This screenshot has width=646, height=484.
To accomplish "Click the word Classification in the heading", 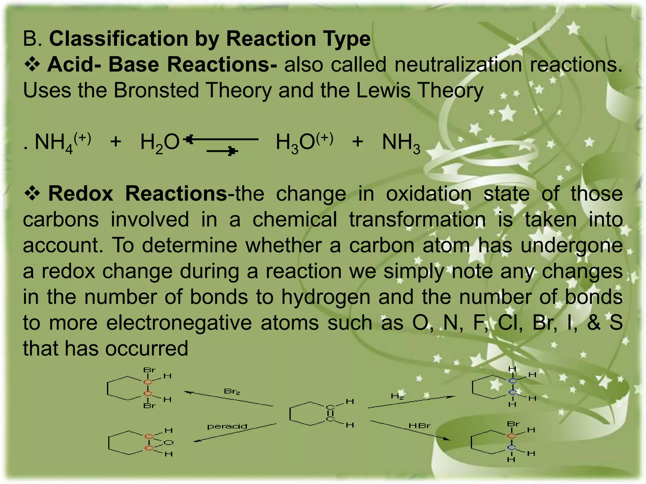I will tap(119, 39).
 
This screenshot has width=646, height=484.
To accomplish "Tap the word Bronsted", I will tap(156, 90).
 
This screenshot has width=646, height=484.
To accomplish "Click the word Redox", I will tap(81, 193).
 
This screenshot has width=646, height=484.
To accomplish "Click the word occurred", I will tap(146, 349).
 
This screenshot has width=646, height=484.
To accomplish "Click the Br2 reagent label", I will tap(232, 391).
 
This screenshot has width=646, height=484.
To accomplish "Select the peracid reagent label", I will tap(227, 427).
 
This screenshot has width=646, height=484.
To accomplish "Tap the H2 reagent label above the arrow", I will tap(397, 396).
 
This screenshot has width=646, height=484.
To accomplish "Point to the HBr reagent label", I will tap(420, 426).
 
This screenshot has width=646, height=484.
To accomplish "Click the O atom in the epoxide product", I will tap(169, 443).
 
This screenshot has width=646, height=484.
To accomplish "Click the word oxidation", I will tap(429, 193).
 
